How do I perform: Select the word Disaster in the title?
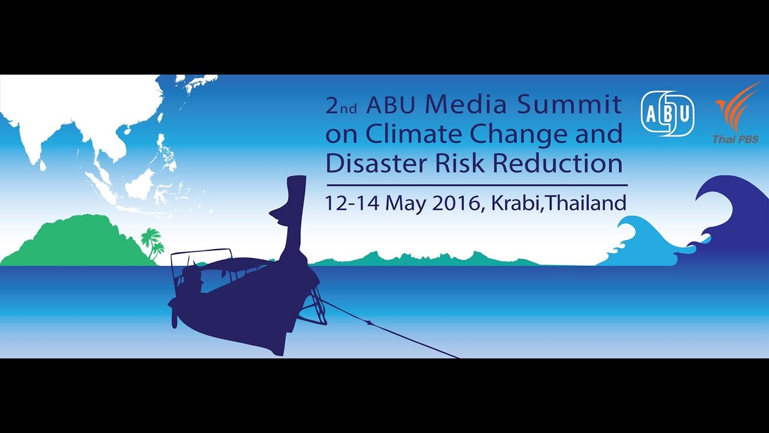point(377,162)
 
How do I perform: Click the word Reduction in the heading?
point(558,162)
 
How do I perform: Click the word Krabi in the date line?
point(517,203)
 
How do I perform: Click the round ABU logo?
point(667,114)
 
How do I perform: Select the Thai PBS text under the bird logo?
point(735,139)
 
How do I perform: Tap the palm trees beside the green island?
point(153,244)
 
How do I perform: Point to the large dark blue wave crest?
point(731,220)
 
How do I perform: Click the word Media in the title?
point(466,104)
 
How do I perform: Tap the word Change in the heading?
point(518,135)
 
